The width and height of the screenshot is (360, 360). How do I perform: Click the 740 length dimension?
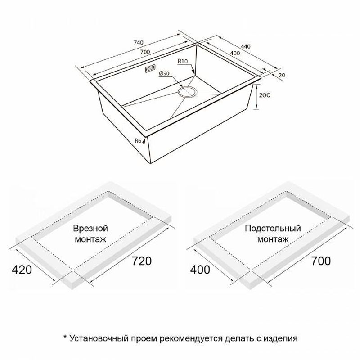138,43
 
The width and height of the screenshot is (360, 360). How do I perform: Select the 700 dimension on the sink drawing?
145,52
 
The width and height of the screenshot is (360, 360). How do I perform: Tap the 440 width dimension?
245,47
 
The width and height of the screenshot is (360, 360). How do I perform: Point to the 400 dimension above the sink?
235,54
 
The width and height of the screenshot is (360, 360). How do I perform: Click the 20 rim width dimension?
282,75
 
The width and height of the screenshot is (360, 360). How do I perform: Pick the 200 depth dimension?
265,95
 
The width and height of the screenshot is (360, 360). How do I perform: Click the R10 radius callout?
183,61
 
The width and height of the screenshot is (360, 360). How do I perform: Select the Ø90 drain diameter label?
164,73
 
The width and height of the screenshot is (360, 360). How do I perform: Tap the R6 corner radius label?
138,141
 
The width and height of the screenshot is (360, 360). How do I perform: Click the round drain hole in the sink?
188,92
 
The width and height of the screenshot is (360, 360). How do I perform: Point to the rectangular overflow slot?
150,69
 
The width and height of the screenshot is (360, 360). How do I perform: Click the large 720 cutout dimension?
141,261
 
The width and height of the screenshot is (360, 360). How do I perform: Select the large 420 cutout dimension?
22,270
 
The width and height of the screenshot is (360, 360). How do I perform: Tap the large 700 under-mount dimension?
321,261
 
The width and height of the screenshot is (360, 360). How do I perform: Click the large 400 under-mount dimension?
200,270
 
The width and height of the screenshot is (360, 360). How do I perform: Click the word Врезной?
90,229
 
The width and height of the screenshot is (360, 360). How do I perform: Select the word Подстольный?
273,229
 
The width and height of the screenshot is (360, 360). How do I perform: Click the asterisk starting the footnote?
65,336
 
